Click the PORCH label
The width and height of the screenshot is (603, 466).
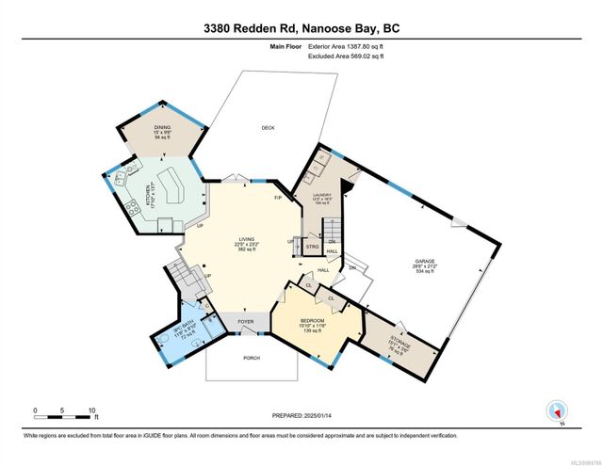point(251,358)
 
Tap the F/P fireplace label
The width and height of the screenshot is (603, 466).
point(278,199)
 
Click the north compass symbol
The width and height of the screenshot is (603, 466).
point(556,410)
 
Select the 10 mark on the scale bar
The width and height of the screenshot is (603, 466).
point(92,410)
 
